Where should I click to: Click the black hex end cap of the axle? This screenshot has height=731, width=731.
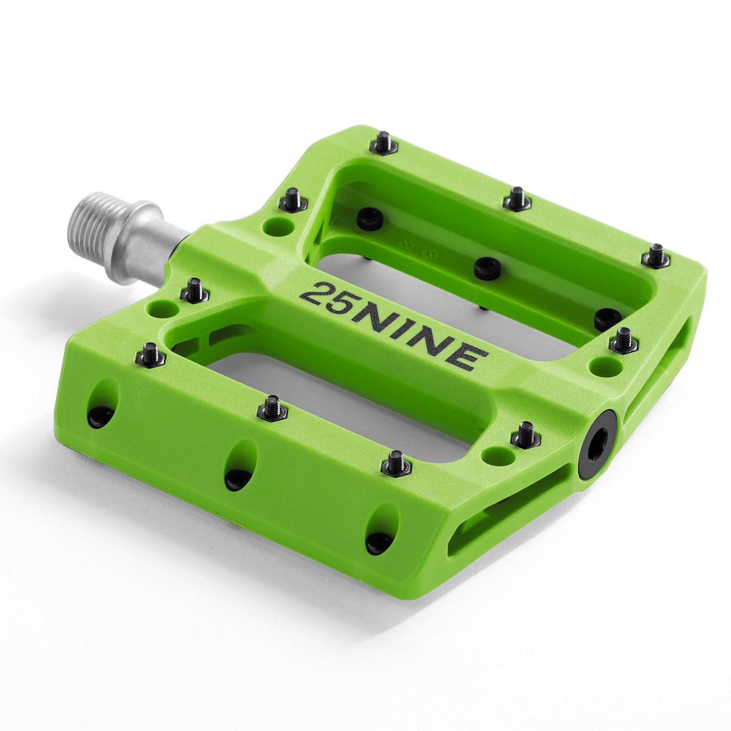click(596, 443)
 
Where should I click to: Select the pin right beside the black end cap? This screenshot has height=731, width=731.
click(526, 435)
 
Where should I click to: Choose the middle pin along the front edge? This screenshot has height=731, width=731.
click(272, 408)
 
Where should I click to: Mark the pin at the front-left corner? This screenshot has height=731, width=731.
click(150, 355)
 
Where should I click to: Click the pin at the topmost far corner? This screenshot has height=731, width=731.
click(383, 143)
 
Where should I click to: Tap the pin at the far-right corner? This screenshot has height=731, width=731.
click(655, 256)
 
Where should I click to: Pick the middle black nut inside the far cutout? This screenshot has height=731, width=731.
click(487, 269)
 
